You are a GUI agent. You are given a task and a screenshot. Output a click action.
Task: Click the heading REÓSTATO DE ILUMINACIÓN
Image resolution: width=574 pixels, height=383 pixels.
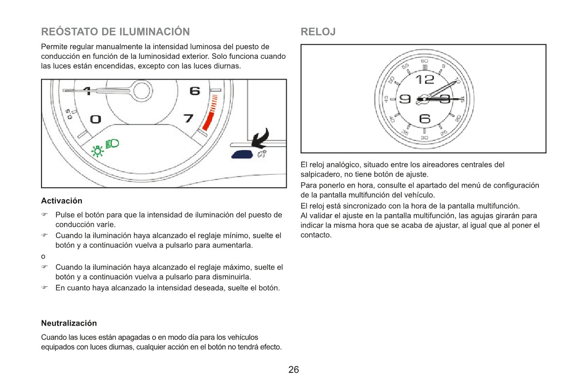(115, 32)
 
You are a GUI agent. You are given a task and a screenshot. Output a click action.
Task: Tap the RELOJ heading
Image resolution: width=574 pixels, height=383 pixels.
(318, 32)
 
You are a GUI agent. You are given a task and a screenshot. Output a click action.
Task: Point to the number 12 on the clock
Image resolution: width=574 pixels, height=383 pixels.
(425, 79)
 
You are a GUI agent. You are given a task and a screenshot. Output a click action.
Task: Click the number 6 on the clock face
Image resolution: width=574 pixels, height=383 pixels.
(425, 118)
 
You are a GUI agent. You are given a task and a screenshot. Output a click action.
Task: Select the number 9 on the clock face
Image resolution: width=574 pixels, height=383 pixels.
(405, 99)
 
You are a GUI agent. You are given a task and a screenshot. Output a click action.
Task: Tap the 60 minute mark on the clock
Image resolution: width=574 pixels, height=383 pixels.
(424, 61)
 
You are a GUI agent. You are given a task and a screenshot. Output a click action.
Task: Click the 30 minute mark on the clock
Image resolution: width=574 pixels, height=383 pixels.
(424, 137)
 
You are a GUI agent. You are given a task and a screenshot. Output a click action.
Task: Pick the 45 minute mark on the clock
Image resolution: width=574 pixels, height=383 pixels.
(387, 99)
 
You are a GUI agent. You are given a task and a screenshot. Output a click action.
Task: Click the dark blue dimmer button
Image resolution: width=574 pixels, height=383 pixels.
(242, 154)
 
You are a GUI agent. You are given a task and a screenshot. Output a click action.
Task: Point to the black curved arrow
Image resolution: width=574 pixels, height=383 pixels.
(261, 138)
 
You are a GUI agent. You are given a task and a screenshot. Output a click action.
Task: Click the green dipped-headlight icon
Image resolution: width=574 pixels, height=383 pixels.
(113, 143)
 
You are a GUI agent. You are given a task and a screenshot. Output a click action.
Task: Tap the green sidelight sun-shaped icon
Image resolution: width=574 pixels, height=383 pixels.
(98, 151)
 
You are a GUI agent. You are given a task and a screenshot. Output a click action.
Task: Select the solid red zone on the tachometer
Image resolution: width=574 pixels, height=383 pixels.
(209, 121)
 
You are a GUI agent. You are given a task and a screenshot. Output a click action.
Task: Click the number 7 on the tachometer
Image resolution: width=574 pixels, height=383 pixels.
(189, 118)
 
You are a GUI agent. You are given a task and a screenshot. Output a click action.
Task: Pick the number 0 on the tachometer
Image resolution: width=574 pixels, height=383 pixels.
(95, 119)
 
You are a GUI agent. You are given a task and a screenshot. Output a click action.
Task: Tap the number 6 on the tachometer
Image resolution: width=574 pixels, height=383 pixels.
(195, 91)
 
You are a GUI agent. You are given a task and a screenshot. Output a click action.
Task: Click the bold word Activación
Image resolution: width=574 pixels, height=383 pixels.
(62, 201)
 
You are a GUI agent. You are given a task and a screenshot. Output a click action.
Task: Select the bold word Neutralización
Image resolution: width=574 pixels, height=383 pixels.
(69, 323)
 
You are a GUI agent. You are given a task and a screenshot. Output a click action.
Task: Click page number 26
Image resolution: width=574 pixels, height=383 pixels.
(294, 370)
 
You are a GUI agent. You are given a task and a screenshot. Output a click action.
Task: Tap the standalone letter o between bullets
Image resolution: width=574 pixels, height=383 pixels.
(43, 256)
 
